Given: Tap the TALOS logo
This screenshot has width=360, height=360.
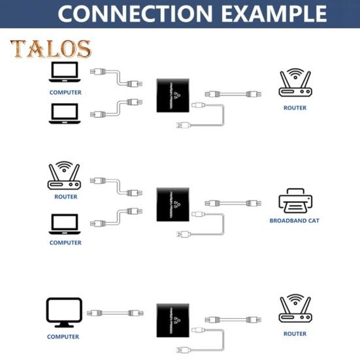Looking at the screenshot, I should click(50, 50).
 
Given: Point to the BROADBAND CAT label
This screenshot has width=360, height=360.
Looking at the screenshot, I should click(294, 221).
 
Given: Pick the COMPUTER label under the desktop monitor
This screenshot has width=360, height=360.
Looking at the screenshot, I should click(63, 337).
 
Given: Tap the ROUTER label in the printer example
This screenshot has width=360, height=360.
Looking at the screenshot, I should click(65, 197).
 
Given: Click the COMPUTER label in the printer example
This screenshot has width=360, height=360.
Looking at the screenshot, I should click(65, 242).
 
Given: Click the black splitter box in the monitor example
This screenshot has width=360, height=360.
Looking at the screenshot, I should click(173, 320).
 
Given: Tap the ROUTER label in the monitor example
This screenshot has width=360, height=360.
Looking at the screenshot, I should click(295, 334).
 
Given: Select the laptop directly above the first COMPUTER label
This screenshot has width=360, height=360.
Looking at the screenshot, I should click(65, 73).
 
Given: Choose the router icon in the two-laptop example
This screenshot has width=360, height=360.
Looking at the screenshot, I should click(295, 84).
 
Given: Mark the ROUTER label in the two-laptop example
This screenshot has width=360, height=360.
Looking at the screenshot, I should click(295, 108).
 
